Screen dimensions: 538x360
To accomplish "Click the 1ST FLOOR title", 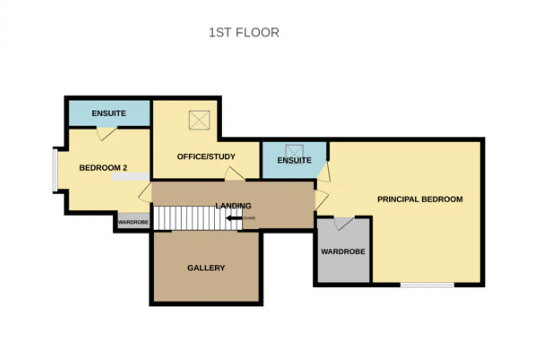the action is (x=244, y=32).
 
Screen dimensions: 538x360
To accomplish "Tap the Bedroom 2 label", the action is (x=103, y=168).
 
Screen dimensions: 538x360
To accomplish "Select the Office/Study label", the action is (x=206, y=157).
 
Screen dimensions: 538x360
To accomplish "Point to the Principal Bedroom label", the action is (x=420, y=199).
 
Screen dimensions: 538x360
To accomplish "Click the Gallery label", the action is (x=206, y=268).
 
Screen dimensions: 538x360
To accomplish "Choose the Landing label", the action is (x=233, y=206).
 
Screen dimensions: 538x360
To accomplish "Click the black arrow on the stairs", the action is (x=235, y=218).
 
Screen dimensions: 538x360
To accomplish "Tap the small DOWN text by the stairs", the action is (x=249, y=218).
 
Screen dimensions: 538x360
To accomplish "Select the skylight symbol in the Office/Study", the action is (x=199, y=120).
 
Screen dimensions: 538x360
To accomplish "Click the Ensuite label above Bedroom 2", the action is (x=109, y=113).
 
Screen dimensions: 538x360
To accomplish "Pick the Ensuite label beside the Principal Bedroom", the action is (x=294, y=160).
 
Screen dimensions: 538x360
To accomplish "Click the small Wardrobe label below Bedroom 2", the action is (x=133, y=222).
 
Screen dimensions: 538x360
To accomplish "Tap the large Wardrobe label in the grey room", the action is (x=343, y=252).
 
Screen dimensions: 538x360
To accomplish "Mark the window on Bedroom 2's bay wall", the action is (x=55, y=171).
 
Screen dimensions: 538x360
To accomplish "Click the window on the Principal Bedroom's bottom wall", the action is (x=427, y=285).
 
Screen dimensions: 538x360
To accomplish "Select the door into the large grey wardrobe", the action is (x=344, y=223).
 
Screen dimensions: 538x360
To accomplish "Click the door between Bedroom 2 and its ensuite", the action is (x=107, y=134).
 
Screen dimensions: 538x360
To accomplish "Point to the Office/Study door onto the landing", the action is (x=235, y=173).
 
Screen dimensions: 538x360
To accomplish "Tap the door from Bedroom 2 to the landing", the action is (x=145, y=192).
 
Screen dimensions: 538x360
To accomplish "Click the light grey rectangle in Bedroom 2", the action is (x=130, y=177).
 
